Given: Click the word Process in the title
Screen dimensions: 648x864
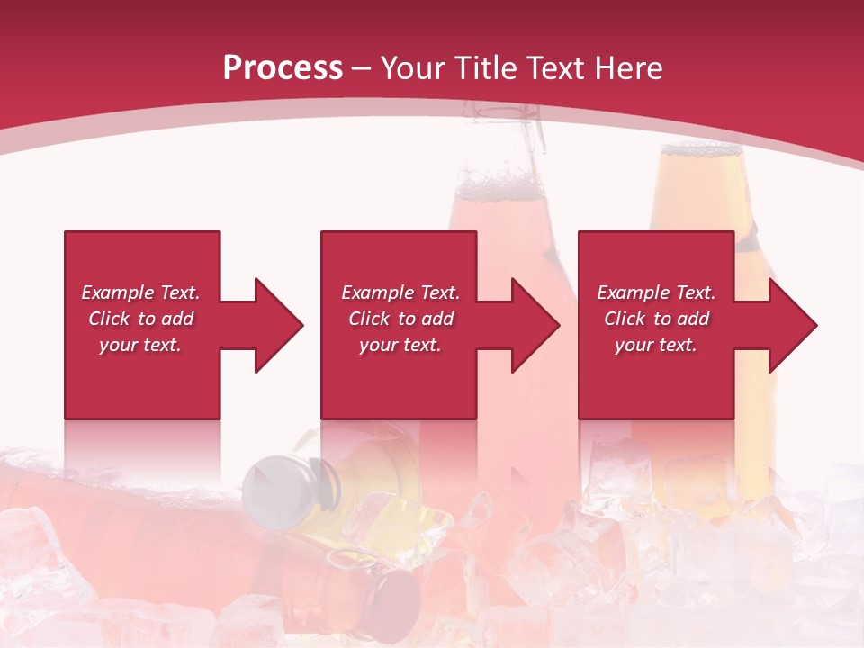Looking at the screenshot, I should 283,68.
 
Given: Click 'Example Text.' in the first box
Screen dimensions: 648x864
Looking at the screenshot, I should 140,292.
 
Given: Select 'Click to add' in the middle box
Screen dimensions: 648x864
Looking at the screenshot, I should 400,319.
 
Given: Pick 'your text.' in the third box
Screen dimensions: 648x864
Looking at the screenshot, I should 655,345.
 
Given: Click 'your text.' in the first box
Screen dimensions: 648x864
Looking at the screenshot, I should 140,345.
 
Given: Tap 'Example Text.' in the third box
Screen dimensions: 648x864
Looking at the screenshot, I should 656,292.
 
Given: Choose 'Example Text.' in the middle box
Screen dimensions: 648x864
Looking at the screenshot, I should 400,292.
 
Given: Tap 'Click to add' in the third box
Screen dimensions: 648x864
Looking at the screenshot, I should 656,319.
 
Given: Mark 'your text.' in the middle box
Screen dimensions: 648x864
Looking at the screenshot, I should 400,345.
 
